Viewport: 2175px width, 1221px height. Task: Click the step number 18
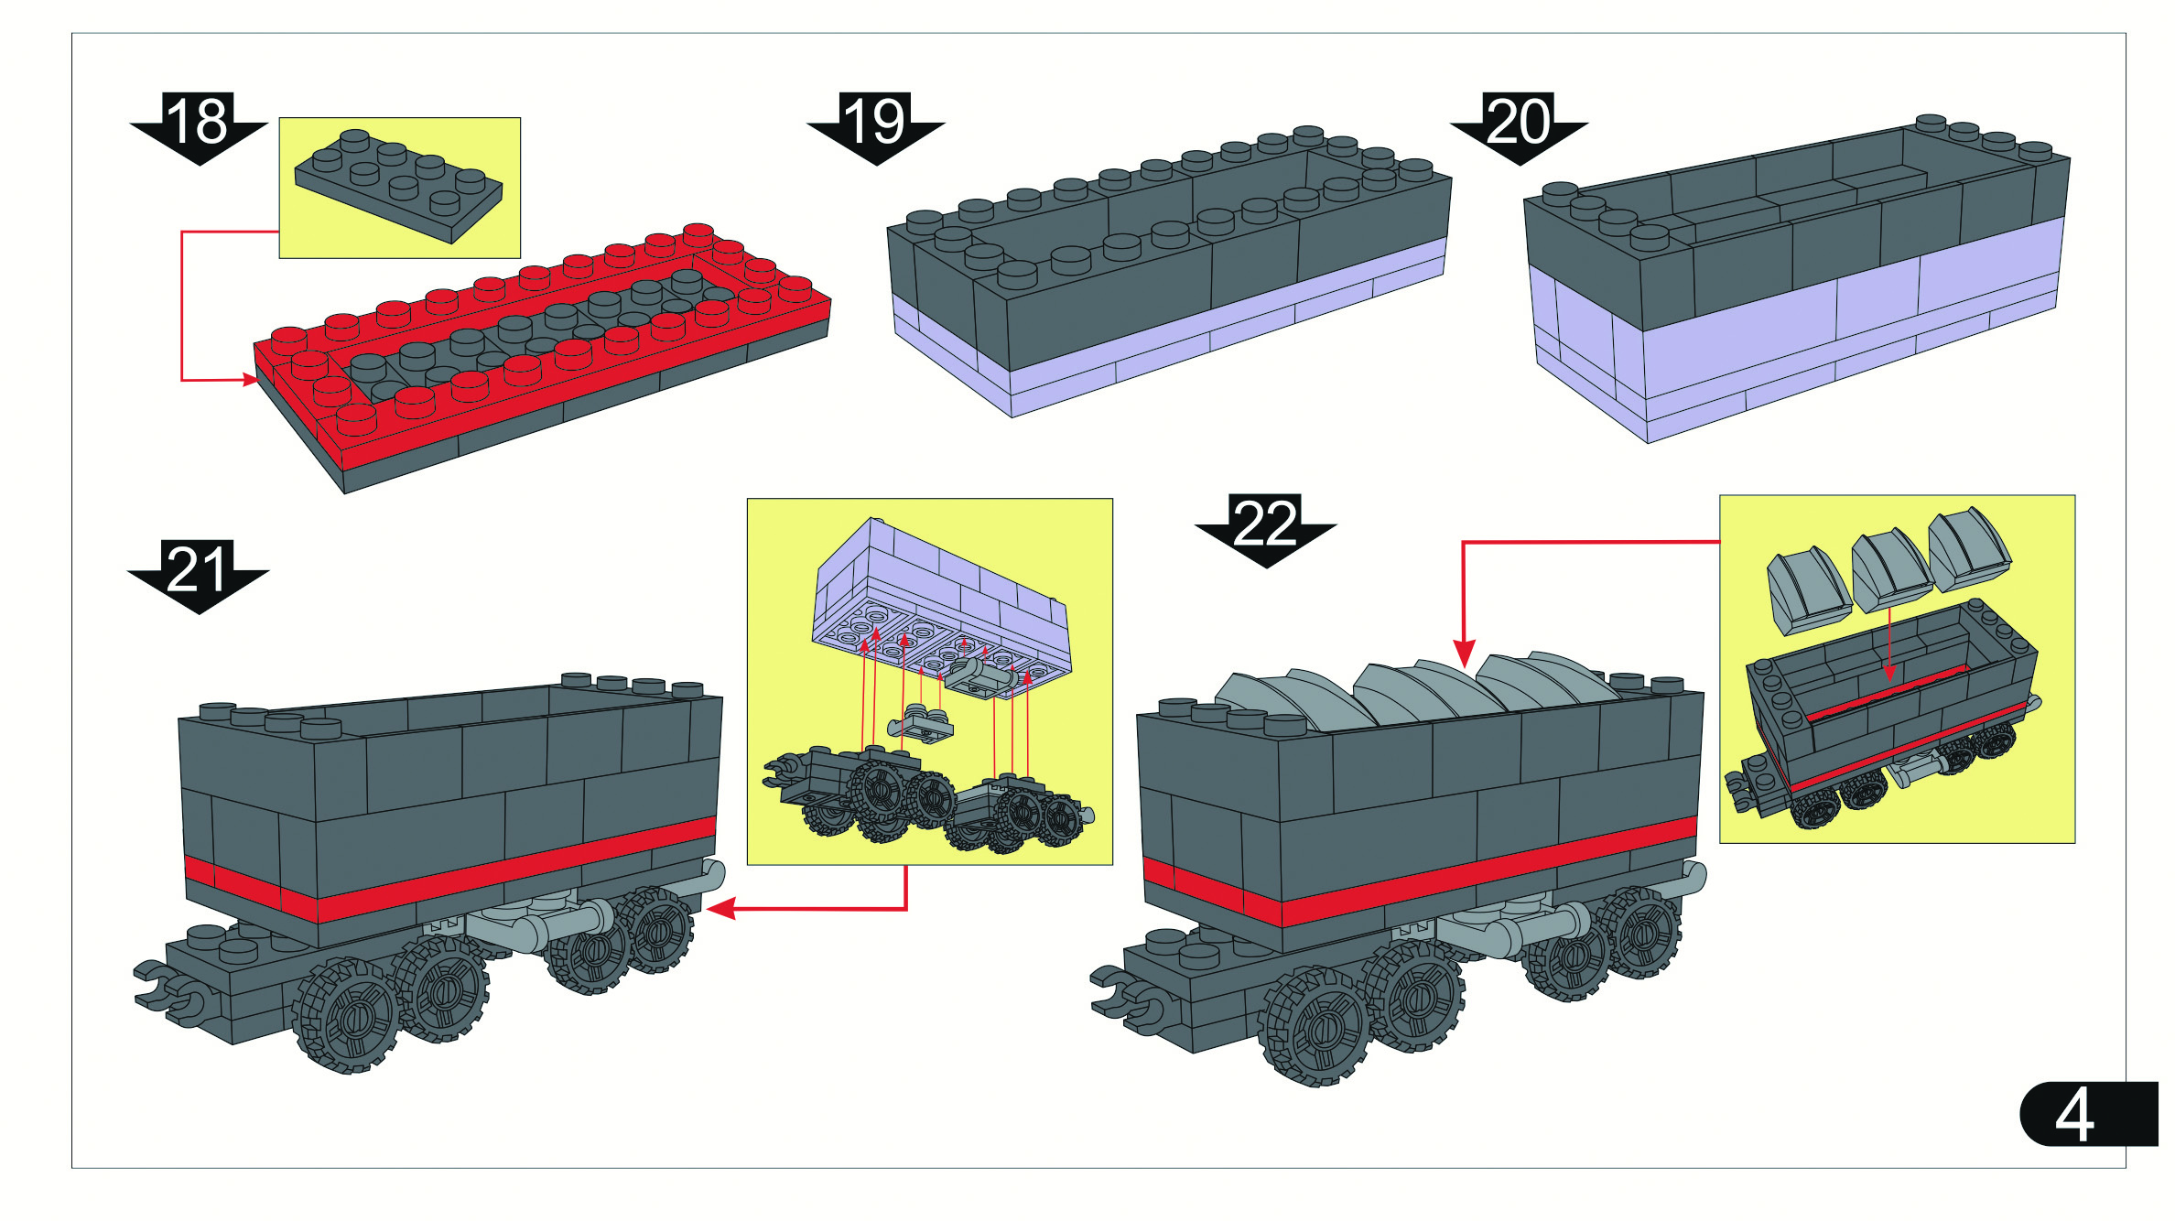point(198,122)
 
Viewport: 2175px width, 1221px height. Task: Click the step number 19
point(875,122)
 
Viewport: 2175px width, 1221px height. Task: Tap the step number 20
point(1519,122)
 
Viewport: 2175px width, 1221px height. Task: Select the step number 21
point(198,570)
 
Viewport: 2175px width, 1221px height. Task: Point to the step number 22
point(1265,524)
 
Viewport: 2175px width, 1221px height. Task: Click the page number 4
point(2074,1115)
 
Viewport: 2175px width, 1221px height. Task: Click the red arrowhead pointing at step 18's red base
point(250,379)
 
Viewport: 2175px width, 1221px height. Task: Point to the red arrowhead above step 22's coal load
point(1464,654)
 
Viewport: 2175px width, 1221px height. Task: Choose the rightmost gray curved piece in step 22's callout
point(1968,549)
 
